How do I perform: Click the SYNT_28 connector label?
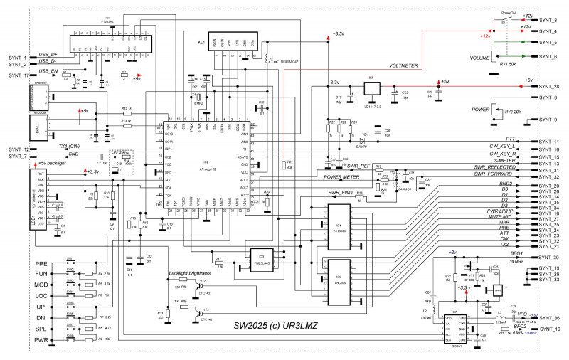pyautogui.click(x=549, y=86)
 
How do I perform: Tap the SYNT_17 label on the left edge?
pyautogui.click(x=18, y=75)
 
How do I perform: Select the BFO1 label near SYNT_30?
pyautogui.click(x=516, y=253)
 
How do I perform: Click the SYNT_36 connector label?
pyautogui.click(x=549, y=318)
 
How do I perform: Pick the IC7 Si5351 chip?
pyautogui.click(x=454, y=324)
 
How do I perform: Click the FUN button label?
pyautogui.click(x=41, y=273)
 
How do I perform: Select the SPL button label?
pyautogui.click(x=41, y=328)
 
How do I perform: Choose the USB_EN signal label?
pyautogui.click(x=48, y=71)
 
